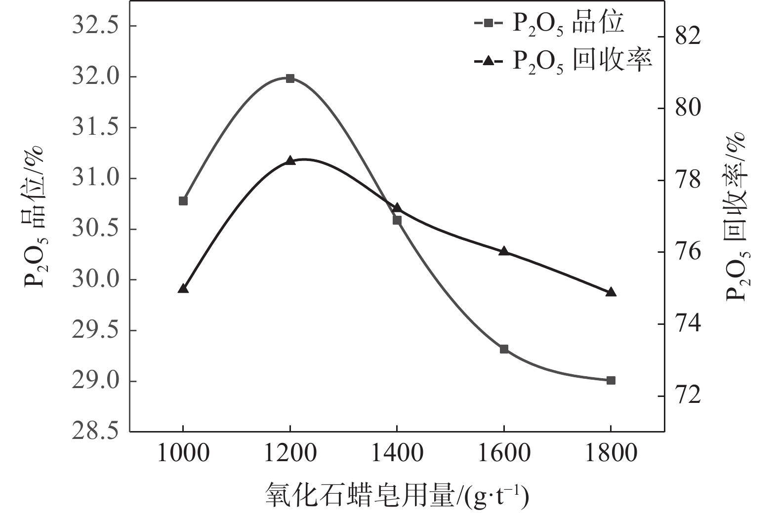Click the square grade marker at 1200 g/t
pyautogui.click(x=290, y=79)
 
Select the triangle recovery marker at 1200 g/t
pyautogui.click(x=290, y=160)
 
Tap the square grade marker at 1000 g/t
pyautogui.click(x=183, y=201)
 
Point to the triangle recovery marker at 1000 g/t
pyautogui.click(x=183, y=289)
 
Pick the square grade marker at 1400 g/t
pyautogui.click(x=397, y=220)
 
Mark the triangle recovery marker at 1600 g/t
pyautogui.click(x=504, y=251)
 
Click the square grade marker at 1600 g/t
pyautogui.click(x=504, y=349)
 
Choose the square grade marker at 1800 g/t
pyautogui.click(x=611, y=380)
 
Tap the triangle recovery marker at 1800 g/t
pyautogui.click(x=611, y=292)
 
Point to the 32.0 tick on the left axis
pyautogui.click(x=95, y=78)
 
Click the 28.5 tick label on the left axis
pyautogui.click(x=95, y=432)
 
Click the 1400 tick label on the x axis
pyautogui.click(x=397, y=453)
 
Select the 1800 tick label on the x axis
pyautogui.click(x=611, y=453)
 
